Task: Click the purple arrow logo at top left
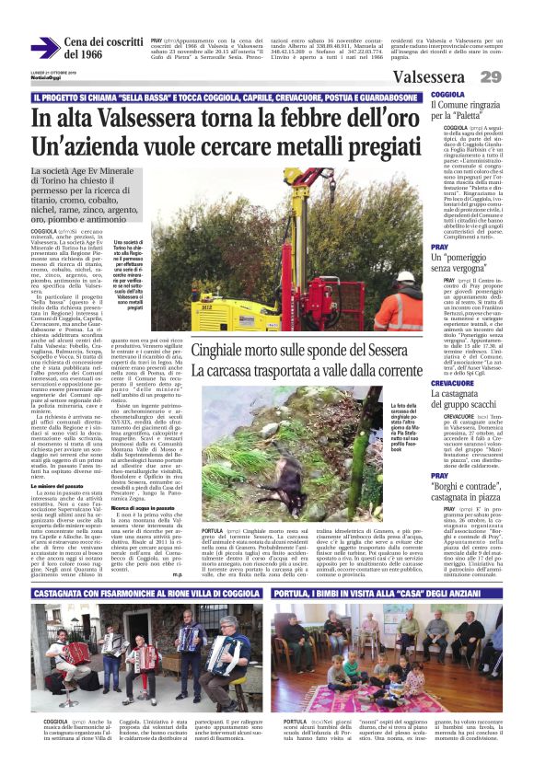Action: click(43, 47)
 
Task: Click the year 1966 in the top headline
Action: click(84, 55)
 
